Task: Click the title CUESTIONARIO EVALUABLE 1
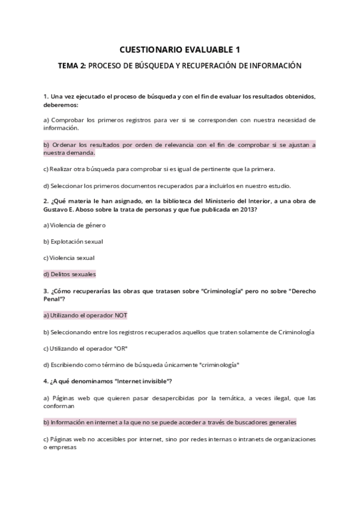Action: click(180, 50)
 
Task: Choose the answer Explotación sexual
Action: click(73, 241)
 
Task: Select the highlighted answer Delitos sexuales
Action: click(70, 274)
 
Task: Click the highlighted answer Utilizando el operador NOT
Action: click(85, 315)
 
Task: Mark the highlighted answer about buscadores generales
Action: click(170, 422)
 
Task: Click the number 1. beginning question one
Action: click(46, 97)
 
